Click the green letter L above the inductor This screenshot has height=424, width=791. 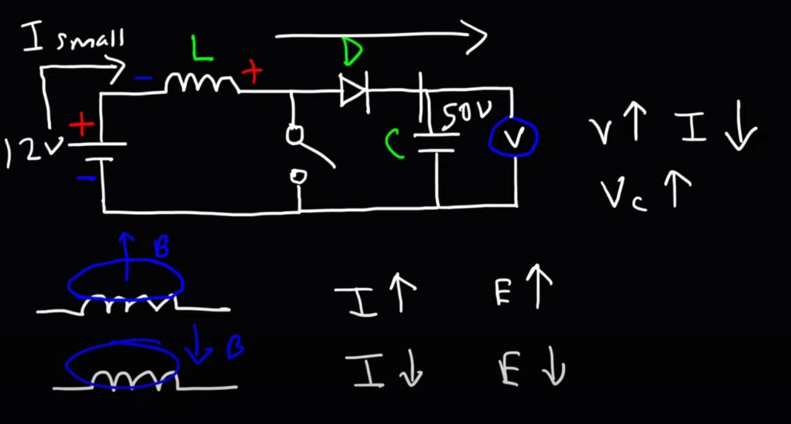tap(202, 48)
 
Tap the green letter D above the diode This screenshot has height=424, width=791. tap(353, 51)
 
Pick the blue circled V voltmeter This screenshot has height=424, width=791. tap(513, 137)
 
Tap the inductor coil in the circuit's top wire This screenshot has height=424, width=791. tap(202, 83)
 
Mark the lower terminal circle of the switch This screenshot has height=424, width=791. tap(298, 176)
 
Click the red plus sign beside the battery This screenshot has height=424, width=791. tap(82, 125)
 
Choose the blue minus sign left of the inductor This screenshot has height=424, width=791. tap(144, 78)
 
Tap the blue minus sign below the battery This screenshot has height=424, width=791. tap(86, 179)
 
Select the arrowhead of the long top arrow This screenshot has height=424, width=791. tap(476, 37)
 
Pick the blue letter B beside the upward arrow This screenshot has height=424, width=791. tap(161, 247)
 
